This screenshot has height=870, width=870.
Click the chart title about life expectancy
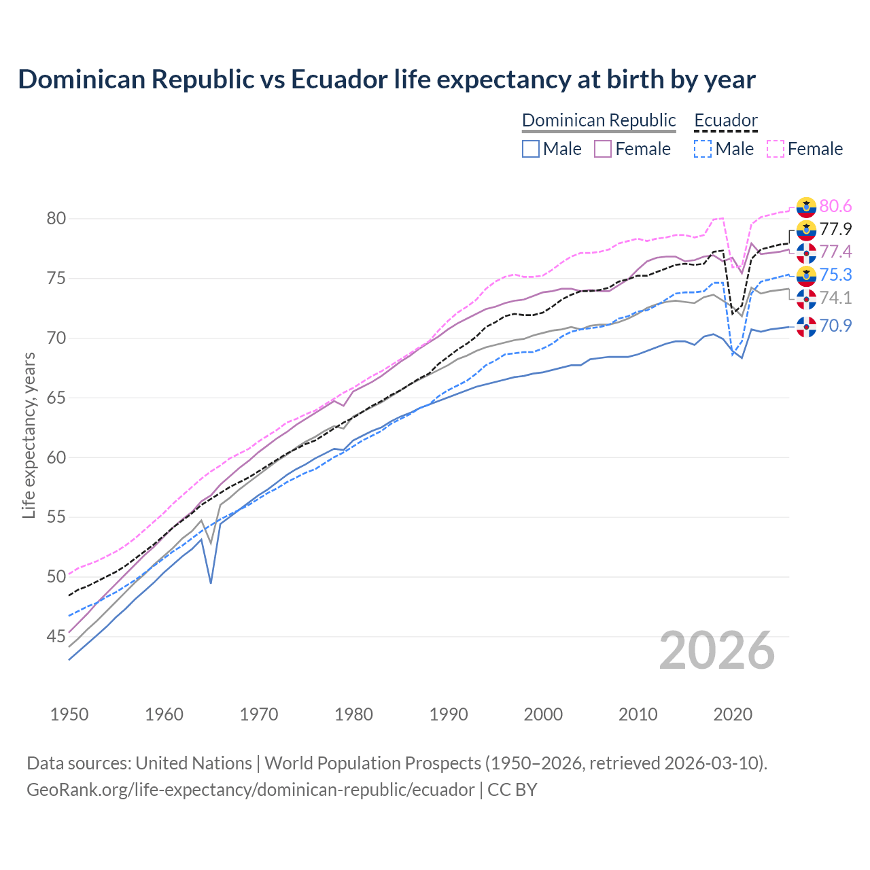pyautogui.click(x=386, y=80)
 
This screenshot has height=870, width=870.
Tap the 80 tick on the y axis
pyautogui.click(x=56, y=219)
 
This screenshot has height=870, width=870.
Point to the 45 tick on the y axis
pyautogui.click(x=56, y=637)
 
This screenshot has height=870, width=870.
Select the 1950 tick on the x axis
pyautogui.click(x=69, y=714)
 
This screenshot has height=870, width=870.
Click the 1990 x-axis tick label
pyautogui.click(x=449, y=714)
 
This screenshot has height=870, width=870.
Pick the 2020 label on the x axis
pyautogui.click(x=733, y=714)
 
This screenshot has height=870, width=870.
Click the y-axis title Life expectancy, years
pyautogui.click(x=29, y=435)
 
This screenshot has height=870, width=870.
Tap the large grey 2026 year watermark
pyautogui.click(x=716, y=650)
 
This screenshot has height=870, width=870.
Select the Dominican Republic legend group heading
pyautogui.click(x=599, y=120)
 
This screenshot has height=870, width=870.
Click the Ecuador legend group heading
pyautogui.click(x=725, y=120)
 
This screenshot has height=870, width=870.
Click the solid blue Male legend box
pyautogui.click(x=531, y=149)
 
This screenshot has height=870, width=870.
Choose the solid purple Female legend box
pyautogui.click(x=603, y=149)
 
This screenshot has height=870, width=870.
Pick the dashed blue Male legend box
pyautogui.click(x=703, y=149)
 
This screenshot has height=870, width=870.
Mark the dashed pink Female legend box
pyautogui.click(x=776, y=149)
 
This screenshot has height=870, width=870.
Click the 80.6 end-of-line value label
pyautogui.click(x=835, y=206)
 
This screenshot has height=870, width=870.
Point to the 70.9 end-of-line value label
pyautogui.click(x=835, y=326)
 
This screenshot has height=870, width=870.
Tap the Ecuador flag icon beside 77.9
pyautogui.click(x=806, y=230)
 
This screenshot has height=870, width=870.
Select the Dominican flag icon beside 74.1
pyautogui.click(x=806, y=298)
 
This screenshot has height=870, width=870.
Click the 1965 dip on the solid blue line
pyautogui.click(x=211, y=582)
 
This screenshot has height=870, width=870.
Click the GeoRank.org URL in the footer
pyautogui.click(x=250, y=790)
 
